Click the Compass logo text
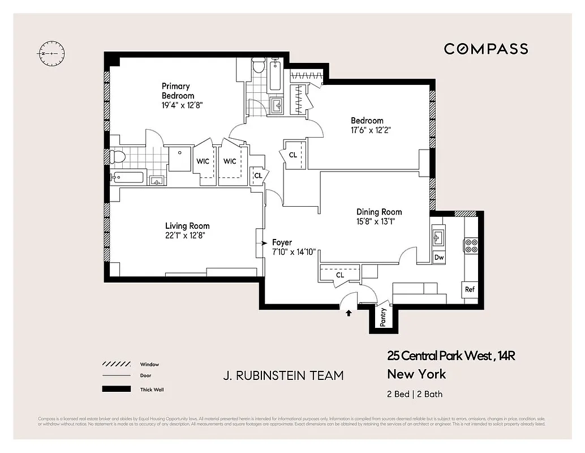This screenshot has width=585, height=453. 486,49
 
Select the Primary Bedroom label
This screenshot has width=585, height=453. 178,91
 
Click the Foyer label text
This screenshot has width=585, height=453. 282,242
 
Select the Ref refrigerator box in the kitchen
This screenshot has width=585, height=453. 470,289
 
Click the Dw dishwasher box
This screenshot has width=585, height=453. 439,258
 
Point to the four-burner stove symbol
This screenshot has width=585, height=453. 471,245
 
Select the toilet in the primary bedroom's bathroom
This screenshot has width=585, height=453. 118,156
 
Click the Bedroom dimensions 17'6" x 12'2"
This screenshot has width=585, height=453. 371,130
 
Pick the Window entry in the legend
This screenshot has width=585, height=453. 149,364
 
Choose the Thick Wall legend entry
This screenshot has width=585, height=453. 152,389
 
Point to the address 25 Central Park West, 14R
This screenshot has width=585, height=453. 451,356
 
